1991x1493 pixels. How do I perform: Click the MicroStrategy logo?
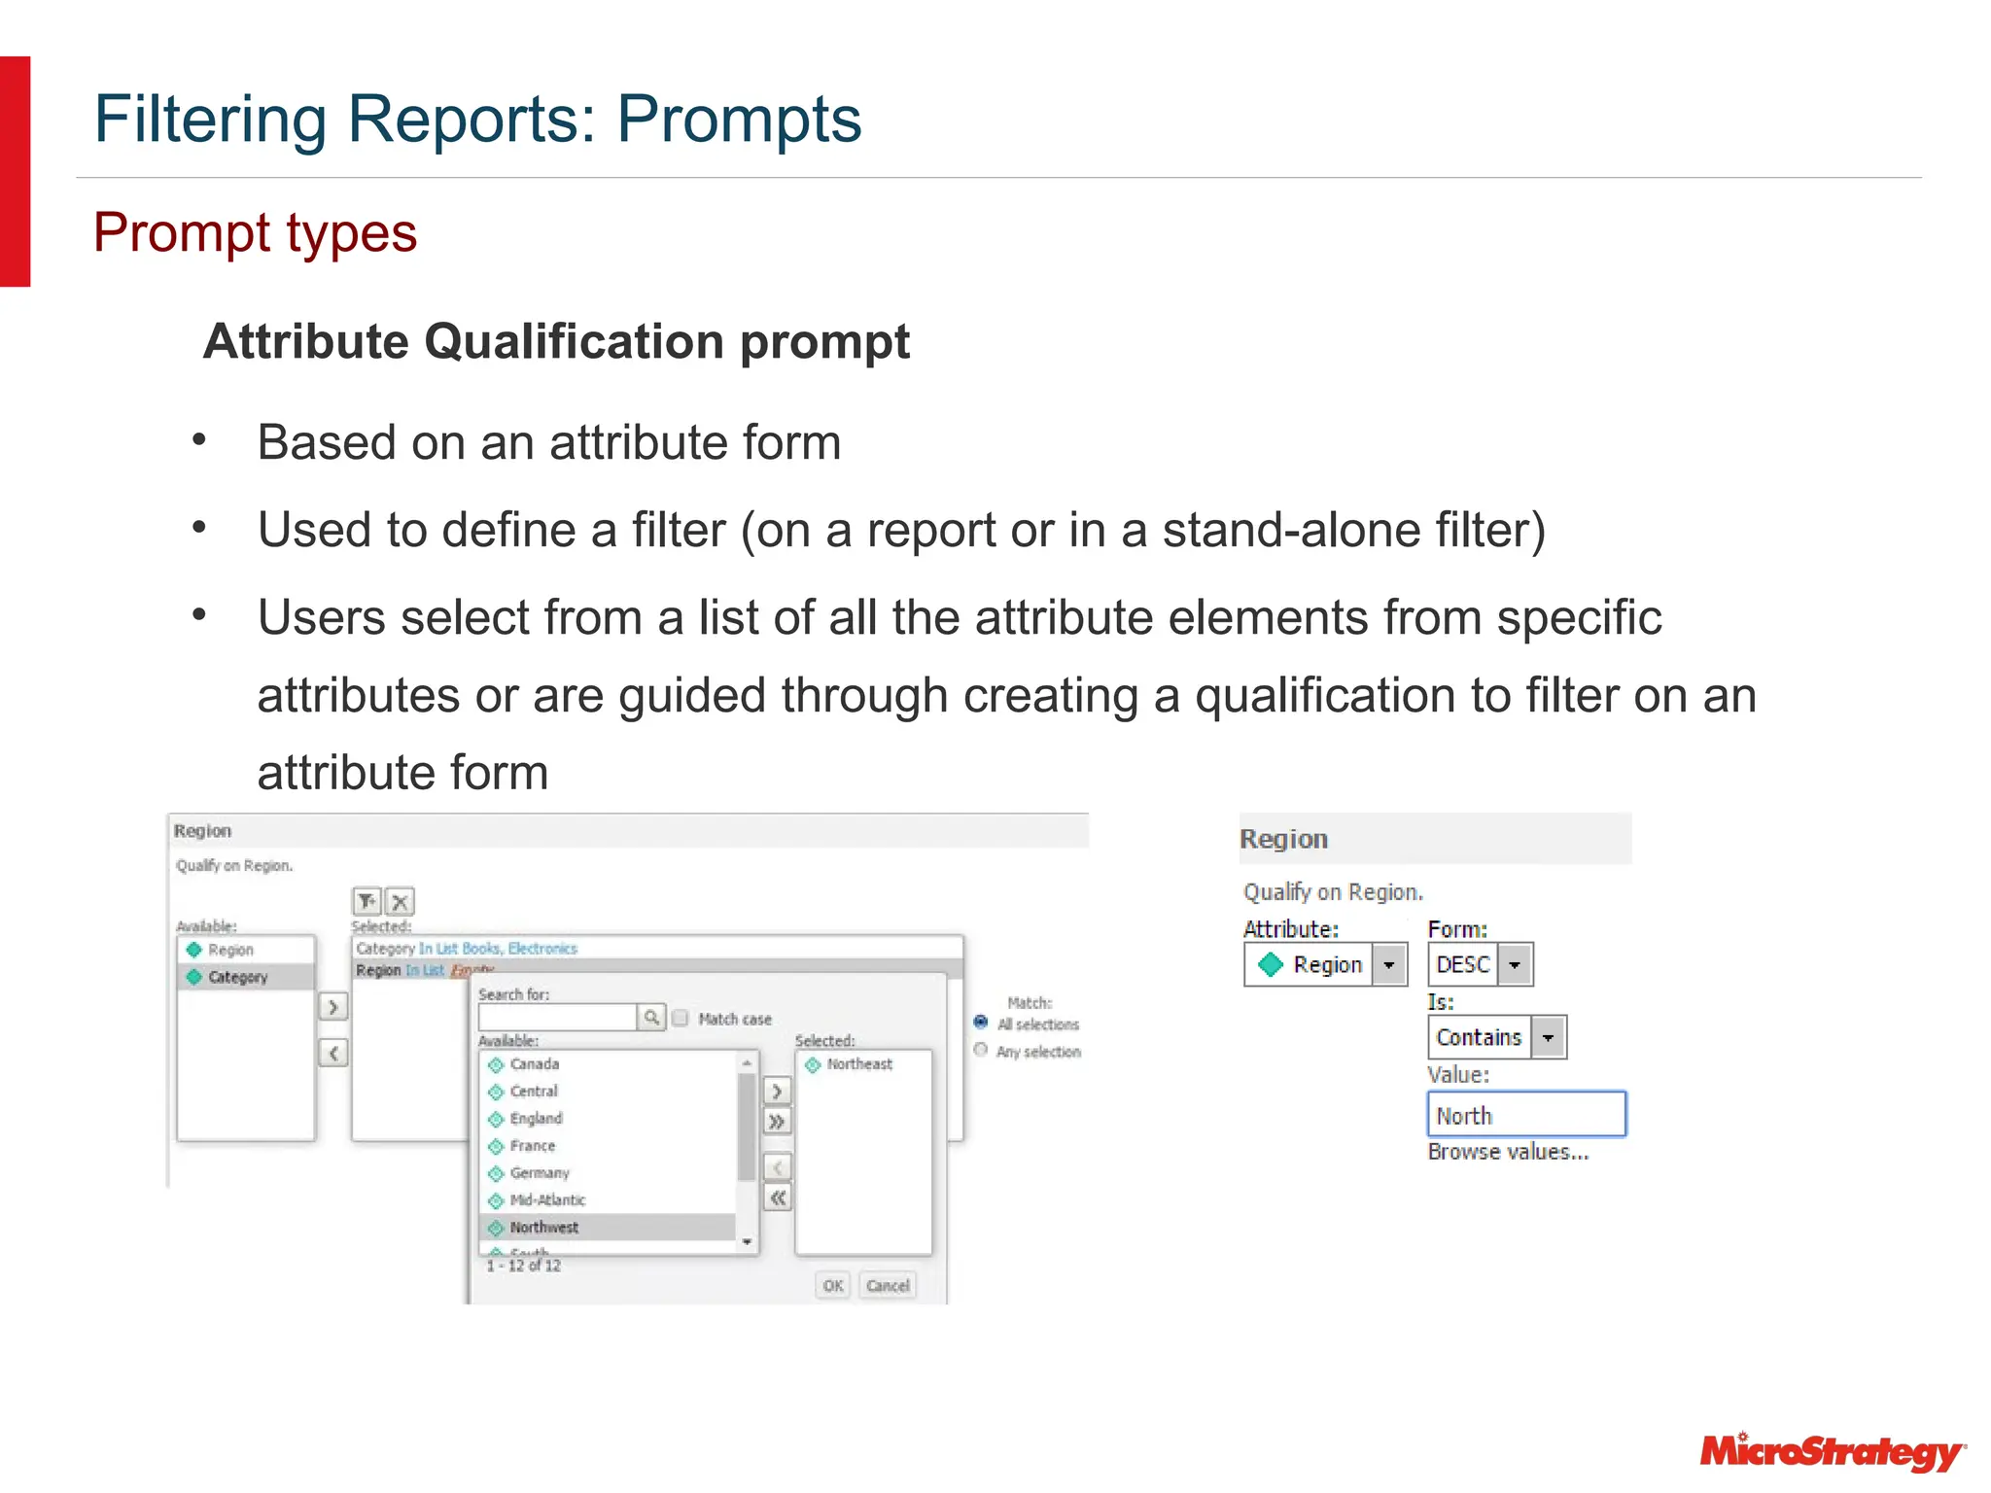(1832, 1452)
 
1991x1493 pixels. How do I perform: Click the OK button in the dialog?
(833, 1285)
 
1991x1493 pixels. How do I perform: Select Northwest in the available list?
(544, 1227)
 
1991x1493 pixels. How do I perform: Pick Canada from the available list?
(534, 1064)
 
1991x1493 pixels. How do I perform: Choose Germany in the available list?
(540, 1173)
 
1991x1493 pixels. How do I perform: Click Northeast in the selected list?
(859, 1064)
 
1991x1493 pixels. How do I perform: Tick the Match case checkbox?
(681, 1018)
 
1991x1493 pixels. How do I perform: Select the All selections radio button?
(981, 1023)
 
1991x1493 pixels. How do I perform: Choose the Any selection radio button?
(981, 1050)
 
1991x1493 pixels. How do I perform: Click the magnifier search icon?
(651, 1018)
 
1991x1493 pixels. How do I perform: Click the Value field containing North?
(1525, 1115)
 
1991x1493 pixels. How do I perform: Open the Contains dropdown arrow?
(1549, 1037)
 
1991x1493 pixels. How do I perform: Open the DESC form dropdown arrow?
(1515, 965)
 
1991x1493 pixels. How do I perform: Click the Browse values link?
(1508, 1152)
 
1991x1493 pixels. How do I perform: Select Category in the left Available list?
(237, 977)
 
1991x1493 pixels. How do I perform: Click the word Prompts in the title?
(739, 120)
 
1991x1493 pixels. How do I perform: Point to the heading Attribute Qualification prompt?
(556, 342)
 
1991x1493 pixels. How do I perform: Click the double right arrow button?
(777, 1122)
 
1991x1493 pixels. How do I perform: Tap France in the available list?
(532, 1146)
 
